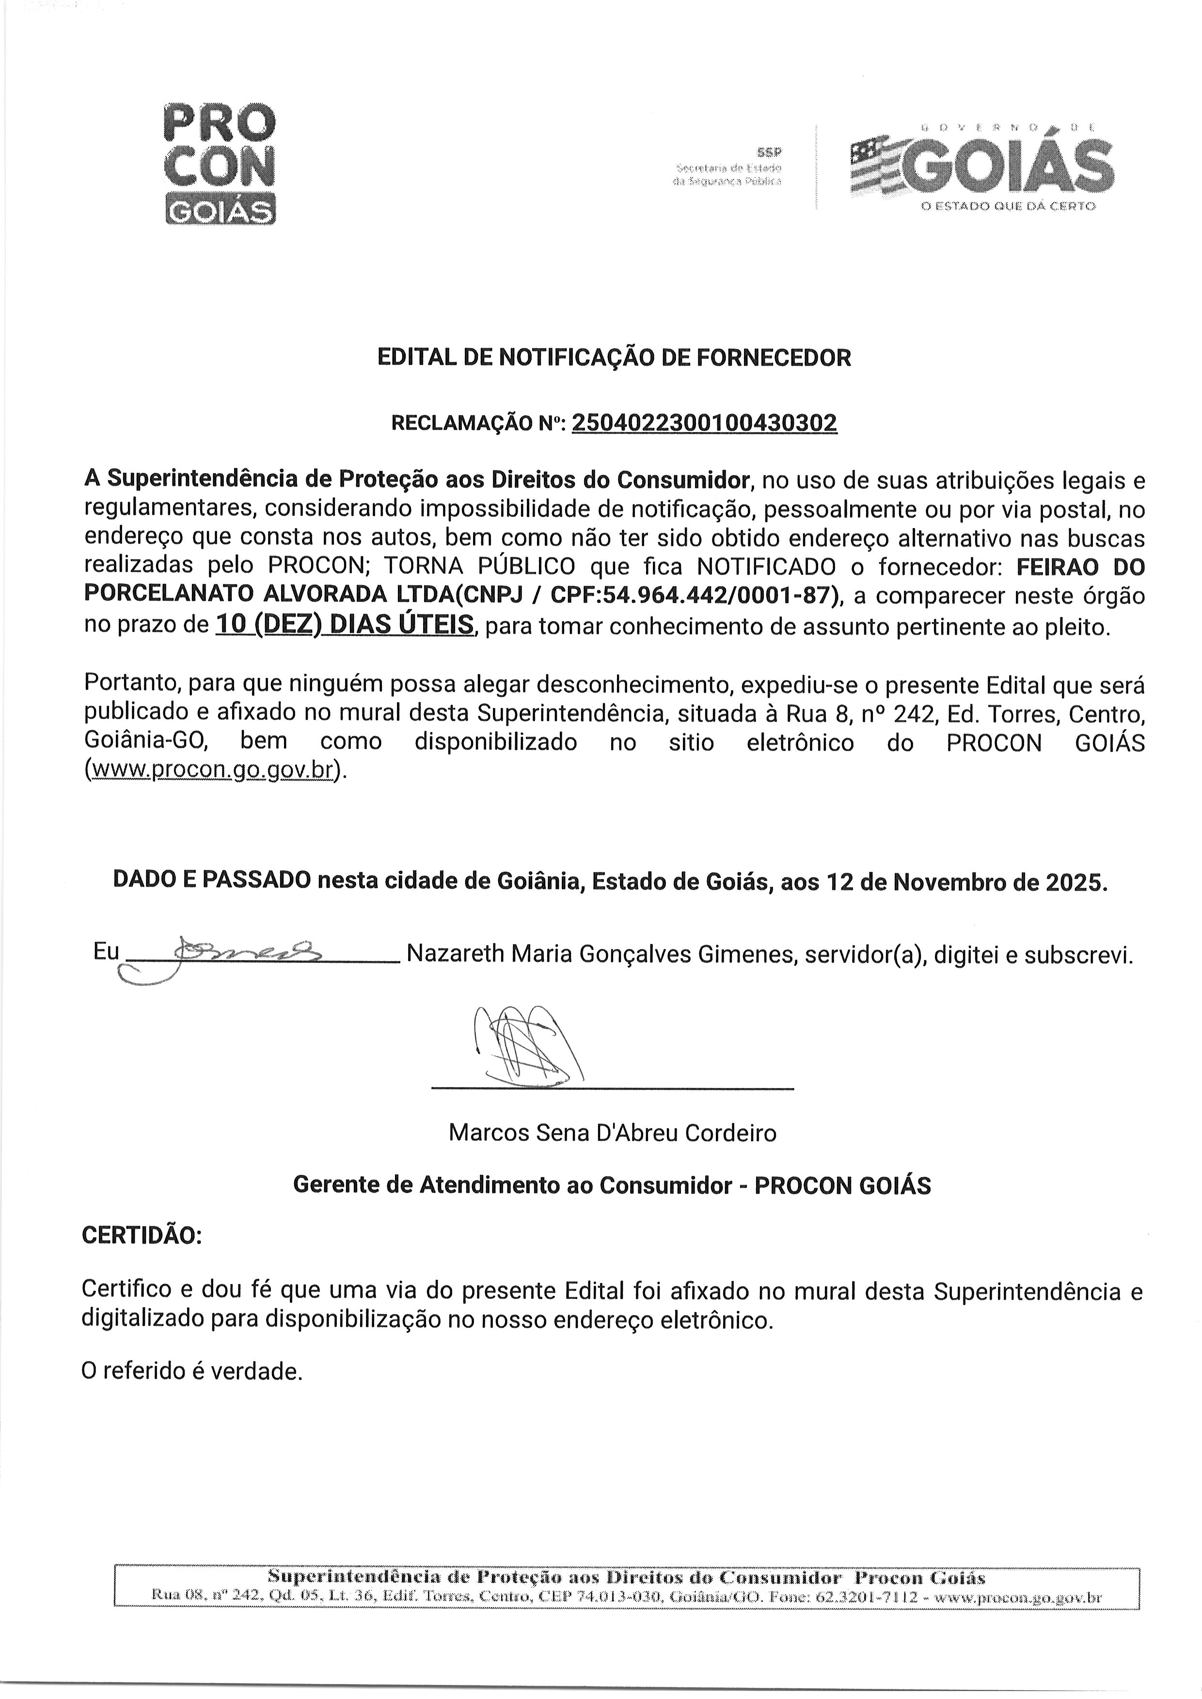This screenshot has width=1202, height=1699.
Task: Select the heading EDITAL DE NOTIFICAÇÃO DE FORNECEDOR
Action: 614,358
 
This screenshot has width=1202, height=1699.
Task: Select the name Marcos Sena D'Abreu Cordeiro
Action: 612,1133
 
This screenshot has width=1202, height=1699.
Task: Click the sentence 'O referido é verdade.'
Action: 192,1372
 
